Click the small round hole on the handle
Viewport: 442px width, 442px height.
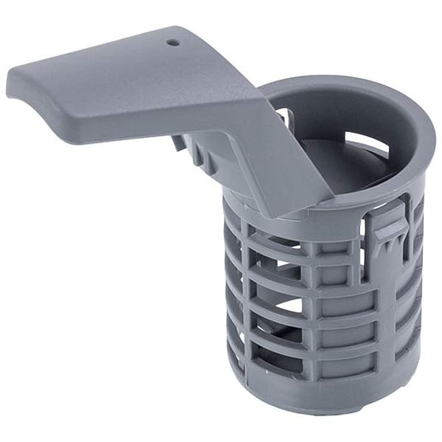pos(173,41)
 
